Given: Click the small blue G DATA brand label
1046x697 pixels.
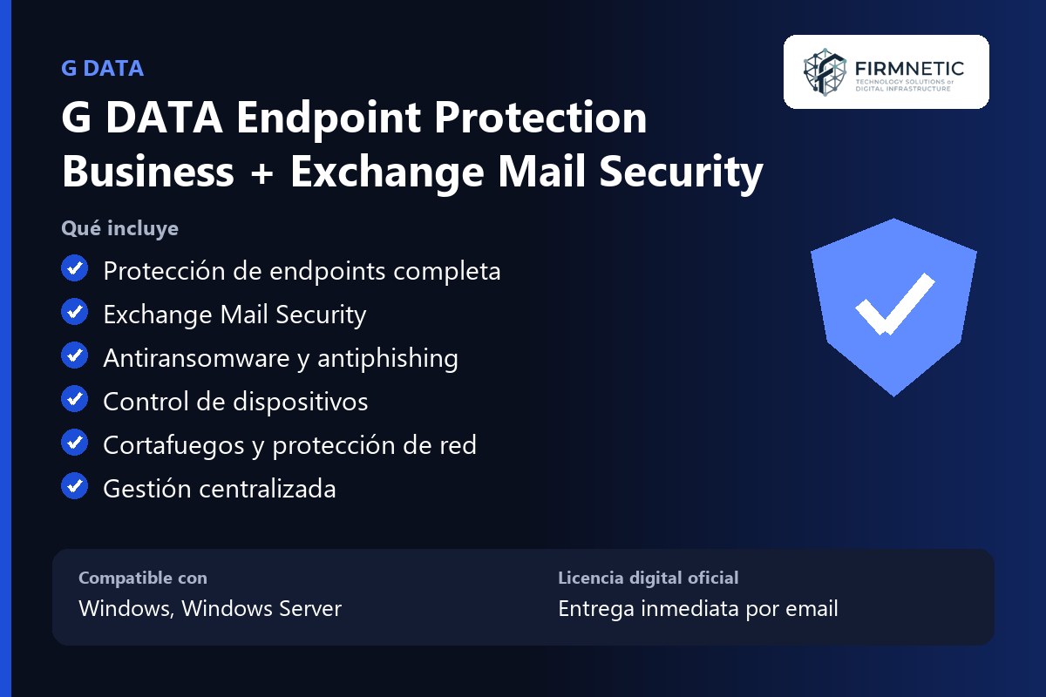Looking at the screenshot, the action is click(102, 69).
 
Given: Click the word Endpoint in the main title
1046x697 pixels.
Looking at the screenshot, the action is click(329, 119).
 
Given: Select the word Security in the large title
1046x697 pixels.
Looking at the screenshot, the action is click(681, 173).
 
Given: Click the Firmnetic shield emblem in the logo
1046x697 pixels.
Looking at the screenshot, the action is click(825, 72).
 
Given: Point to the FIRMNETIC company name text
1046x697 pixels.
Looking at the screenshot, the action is click(909, 69).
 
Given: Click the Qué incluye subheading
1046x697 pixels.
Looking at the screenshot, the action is click(120, 229).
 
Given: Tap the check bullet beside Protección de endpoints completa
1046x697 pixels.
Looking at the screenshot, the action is click(74, 268).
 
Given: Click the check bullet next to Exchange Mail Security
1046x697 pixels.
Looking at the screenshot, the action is click(74, 311).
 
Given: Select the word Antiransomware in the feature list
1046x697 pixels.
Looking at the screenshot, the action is click(197, 358).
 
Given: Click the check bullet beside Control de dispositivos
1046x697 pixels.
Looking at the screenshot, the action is click(74, 399).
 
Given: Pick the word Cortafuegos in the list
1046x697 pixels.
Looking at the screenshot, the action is click(173, 446).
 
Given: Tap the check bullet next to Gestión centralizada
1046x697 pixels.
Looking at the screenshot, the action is click(74, 486).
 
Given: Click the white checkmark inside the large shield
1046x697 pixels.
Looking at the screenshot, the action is click(894, 304).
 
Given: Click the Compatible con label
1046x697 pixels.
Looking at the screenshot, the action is click(143, 578).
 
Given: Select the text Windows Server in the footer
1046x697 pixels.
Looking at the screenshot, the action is click(261, 608).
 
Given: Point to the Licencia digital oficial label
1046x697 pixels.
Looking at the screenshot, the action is click(649, 578).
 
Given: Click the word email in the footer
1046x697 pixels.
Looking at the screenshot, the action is click(812, 608).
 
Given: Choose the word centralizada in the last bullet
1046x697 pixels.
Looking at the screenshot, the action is click(268, 489).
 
